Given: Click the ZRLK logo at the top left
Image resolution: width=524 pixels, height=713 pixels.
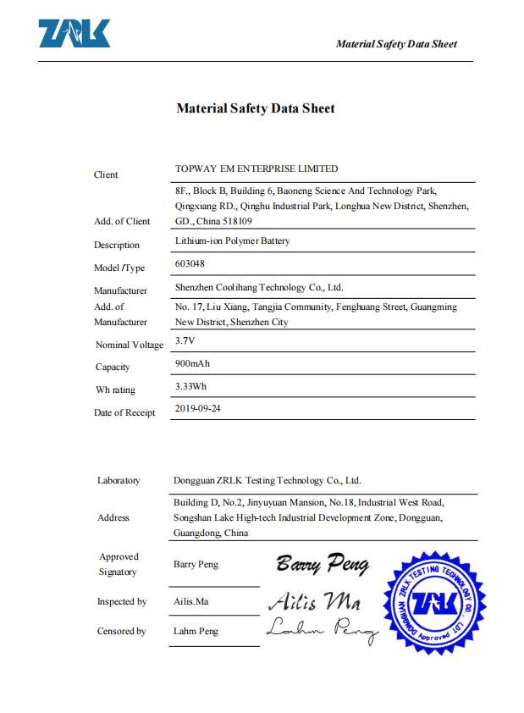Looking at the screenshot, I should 74,34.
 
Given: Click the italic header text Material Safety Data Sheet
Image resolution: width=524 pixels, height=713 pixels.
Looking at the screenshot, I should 396,44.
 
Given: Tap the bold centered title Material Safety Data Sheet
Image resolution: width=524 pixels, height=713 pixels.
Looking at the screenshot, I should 255,108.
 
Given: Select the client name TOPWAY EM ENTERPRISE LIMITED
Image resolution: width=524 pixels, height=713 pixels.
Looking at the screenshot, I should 256,169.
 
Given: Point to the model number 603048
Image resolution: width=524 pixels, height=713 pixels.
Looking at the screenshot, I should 189,263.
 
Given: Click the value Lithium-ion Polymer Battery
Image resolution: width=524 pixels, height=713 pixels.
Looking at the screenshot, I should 232,240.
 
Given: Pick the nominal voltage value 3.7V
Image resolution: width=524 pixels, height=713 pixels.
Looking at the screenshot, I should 185,340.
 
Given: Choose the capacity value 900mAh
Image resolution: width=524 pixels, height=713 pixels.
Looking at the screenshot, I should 191,363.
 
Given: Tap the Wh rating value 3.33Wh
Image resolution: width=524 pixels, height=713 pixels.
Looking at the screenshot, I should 190,386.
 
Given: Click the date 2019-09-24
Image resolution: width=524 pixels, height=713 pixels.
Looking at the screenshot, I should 197,408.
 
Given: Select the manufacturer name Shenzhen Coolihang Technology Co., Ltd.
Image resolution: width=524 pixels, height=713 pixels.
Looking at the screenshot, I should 258,287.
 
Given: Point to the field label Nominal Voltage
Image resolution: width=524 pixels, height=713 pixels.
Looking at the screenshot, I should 130,345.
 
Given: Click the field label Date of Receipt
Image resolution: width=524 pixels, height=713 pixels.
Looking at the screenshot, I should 124,412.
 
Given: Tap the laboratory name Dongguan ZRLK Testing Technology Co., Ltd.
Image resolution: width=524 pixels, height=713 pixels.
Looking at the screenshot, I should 267,480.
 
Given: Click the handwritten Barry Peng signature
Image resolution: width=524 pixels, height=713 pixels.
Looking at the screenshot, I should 323,563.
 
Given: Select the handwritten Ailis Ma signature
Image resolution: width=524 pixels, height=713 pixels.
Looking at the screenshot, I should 315,601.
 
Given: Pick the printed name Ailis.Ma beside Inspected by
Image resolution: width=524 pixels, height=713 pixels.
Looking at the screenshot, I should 192,601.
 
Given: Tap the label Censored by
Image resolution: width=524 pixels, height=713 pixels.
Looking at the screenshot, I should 121,631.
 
